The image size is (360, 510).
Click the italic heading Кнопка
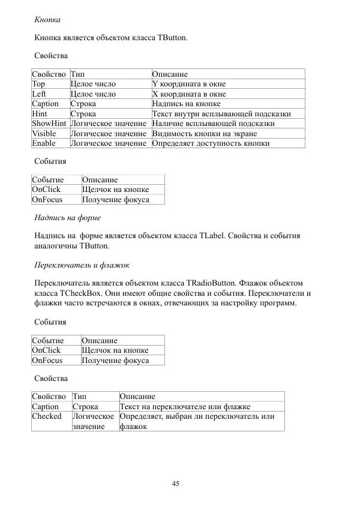(x=47, y=20)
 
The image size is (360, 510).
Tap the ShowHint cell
(x=49, y=124)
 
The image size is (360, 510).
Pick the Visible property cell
(x=44, y=133)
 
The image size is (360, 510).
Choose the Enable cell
(x=44, y=143)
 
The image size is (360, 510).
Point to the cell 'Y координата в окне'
(x=189, y=84)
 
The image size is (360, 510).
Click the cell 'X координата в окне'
(x=189, y=94)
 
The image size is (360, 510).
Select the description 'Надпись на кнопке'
(x=186, y=104)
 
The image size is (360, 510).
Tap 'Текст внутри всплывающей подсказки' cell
(x=221, y=113)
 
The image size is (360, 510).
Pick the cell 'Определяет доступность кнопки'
(x=211, y=143)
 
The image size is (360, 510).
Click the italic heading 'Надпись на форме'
(x=67, y=217)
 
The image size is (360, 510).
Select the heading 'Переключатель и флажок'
(x=82, y=265)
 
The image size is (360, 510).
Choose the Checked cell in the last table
(x=47, y=416)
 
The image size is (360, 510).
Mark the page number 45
(x=176, y=484)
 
